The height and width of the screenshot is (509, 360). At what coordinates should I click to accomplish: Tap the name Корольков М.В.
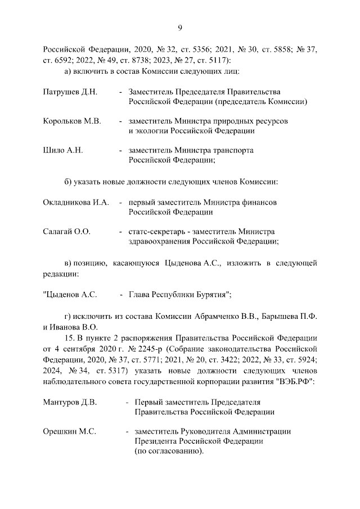71,121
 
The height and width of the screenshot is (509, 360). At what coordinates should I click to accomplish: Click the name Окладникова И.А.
76,202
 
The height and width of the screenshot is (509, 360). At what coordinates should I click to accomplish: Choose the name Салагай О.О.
67,231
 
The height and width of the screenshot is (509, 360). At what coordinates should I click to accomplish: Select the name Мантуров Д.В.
70,402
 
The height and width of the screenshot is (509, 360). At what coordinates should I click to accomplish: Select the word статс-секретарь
157,231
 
